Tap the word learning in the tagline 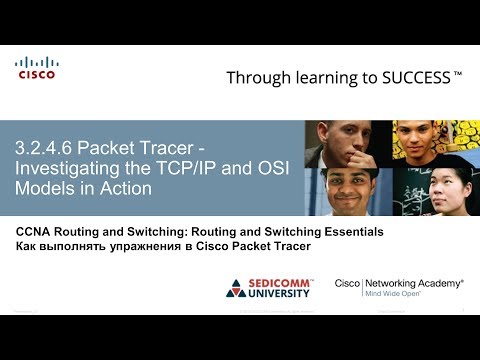(319, 78)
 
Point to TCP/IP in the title (192, 168)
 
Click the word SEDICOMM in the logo (282, 284)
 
